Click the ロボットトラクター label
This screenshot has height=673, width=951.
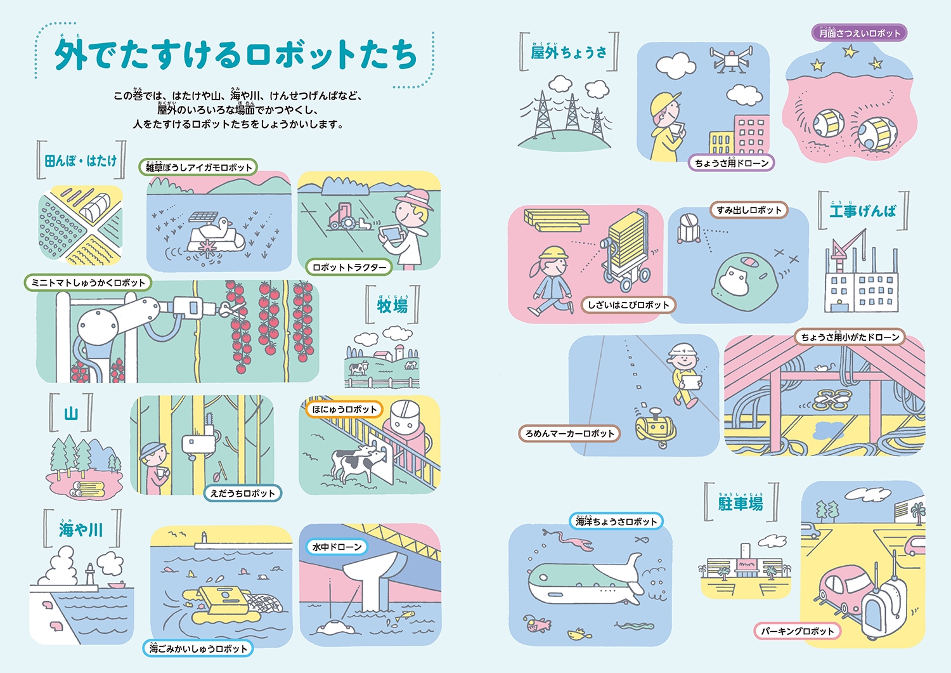tap(349, 267)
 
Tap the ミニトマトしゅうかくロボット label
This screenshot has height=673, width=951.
tap(88, 282)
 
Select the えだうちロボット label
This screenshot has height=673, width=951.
tap(243, 493)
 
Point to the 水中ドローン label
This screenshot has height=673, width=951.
tap(337, 547)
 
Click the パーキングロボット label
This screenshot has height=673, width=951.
tap(798, 631)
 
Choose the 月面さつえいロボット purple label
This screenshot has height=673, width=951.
tap(859, 33)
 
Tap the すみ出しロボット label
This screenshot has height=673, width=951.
tap(749, 210)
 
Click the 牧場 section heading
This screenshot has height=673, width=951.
tap(392, 306)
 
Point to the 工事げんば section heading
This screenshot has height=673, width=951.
tap(863, 211)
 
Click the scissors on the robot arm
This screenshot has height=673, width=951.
tap(232, 309)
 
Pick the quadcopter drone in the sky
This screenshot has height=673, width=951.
tap(731, 60)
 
